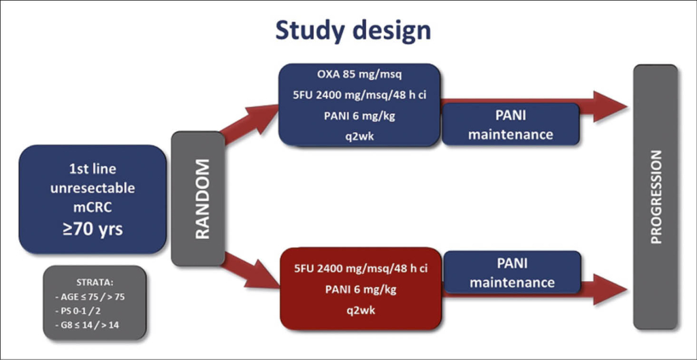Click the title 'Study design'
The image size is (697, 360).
pos(353,31)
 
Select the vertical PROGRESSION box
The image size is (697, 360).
pos(655,197)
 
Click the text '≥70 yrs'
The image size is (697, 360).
pos(92,229)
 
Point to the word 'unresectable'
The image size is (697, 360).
pos(92,188)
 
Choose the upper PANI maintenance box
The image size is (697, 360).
pos(510,125)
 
